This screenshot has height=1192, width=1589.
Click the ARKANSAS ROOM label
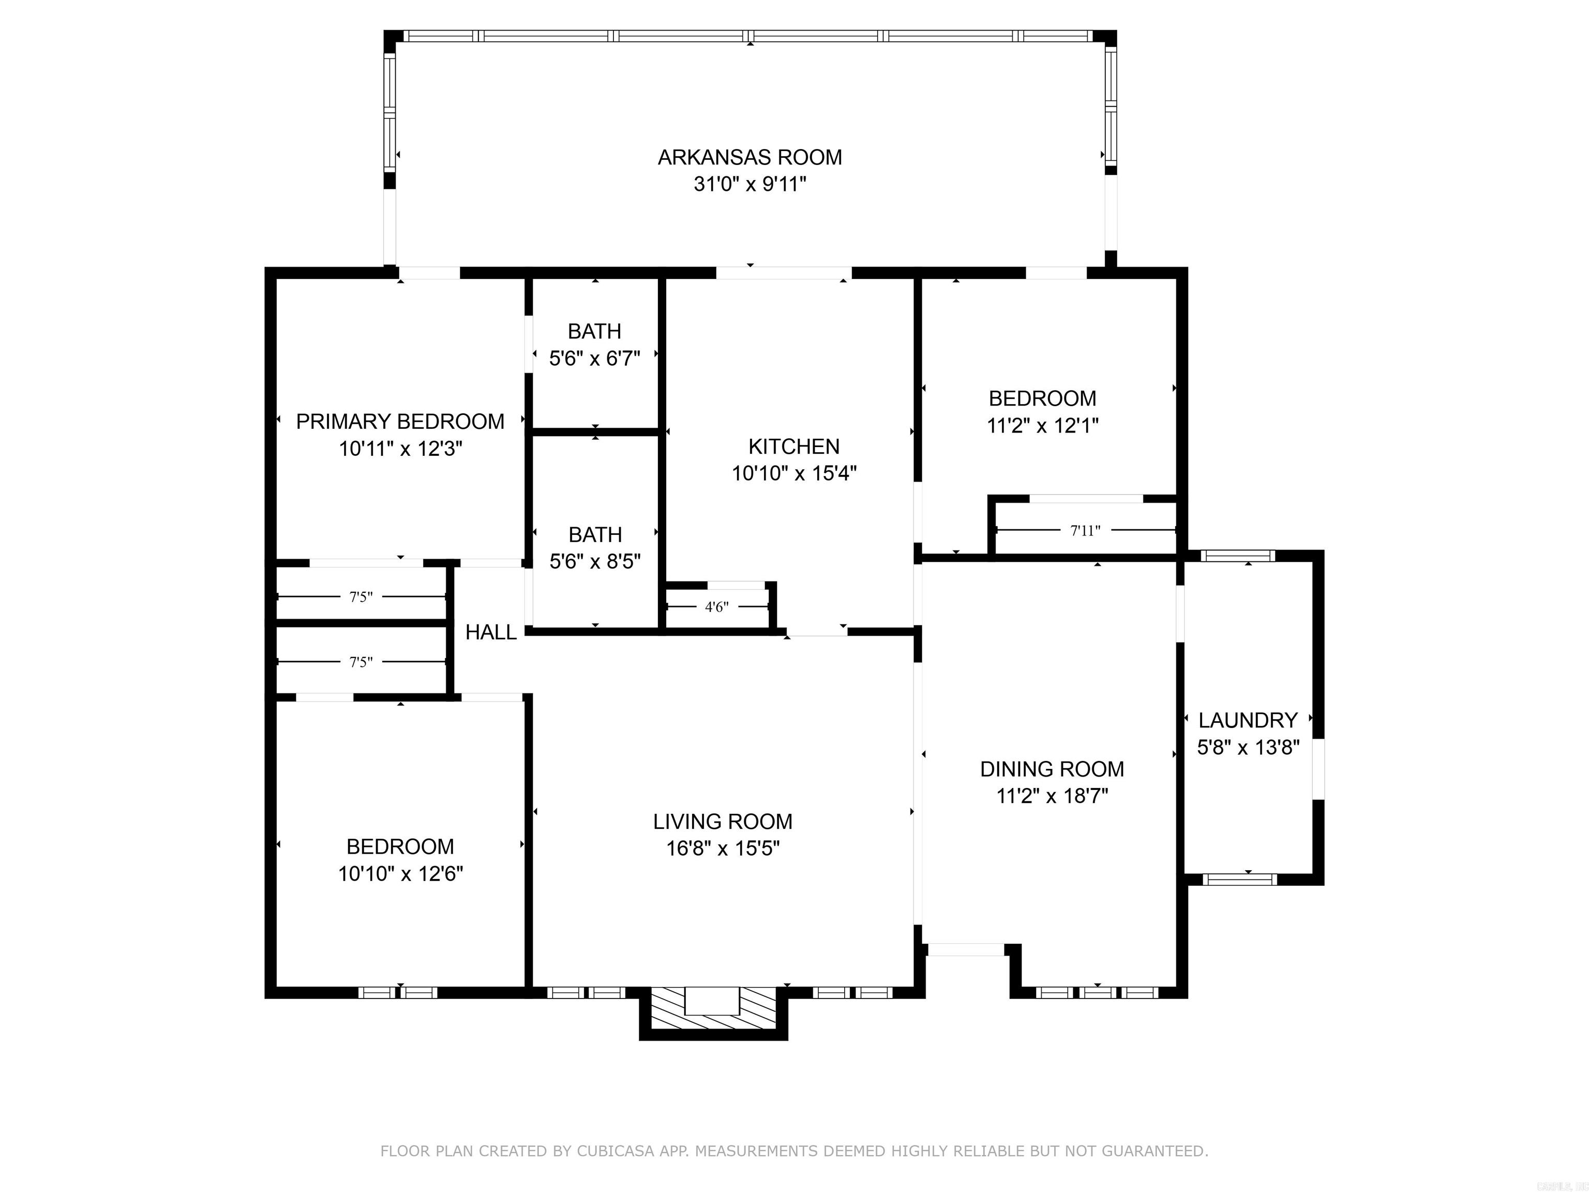749,157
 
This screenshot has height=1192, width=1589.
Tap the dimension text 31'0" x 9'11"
749,185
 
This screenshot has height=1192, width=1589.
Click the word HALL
491,632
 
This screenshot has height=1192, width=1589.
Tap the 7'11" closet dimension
1085,531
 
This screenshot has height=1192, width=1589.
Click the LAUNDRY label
1248,720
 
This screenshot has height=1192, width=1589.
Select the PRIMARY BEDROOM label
400,422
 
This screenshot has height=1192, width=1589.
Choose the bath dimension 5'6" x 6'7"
594,358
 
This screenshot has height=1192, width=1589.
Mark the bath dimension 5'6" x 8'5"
595,561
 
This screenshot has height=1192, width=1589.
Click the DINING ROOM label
1052,769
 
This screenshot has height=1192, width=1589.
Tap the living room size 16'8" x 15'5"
723,848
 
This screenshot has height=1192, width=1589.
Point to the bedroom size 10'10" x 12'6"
400,874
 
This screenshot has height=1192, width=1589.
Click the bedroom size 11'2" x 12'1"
1042,425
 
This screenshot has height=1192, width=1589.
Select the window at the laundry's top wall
1238,556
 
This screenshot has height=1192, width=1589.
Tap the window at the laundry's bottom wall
1240,878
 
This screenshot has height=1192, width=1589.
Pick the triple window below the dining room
1097,992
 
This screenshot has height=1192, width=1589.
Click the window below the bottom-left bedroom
398,992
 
